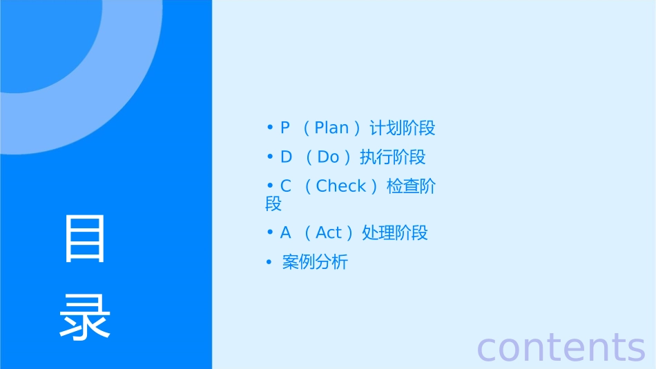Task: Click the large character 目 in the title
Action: (85, 239)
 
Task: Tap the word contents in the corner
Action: (561, 347)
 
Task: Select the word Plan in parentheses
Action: (331, 128)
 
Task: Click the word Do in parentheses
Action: (328, 157)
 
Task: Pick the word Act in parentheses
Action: (329, 233)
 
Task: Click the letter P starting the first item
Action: (285, 128)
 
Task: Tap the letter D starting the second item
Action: (286, 157)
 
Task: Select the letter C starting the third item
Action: (286, 186)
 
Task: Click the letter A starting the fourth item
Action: (286, 233)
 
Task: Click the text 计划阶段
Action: (403, 128)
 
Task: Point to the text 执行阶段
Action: (392, 157)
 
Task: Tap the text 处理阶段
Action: (394, 233)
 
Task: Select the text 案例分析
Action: (315, 263)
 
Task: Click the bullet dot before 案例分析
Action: (269, 262)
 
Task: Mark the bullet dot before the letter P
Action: (270, 128)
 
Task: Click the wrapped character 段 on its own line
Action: (273, 204)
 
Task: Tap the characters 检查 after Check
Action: (403, 186)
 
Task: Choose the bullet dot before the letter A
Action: (270, 232)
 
